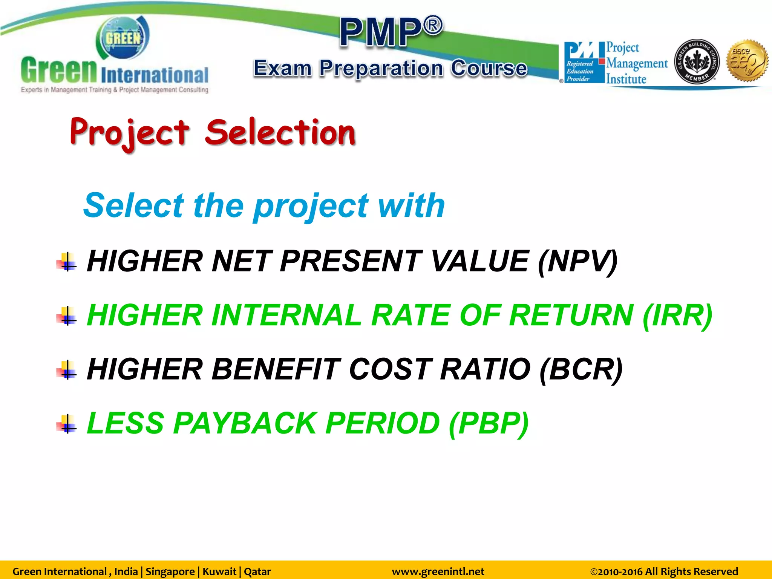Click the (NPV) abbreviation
(x=577, y=262)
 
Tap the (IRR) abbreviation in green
(x=677, y=316)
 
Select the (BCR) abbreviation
(x=581, y=370)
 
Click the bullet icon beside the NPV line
(x=67, y=262)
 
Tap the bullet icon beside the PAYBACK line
(x=67, y=424)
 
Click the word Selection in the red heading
(x=280, y=132)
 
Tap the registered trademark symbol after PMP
(x=433, y=26)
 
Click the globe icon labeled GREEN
(x=123, y=38)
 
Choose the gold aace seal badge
(x=747, y=61)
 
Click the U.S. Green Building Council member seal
(x=697, y=61)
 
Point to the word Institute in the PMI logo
(x=626, y=79)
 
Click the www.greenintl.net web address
(x=438, y=571)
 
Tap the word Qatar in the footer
(x=257, y=571)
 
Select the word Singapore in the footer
(x=170, y=571)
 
